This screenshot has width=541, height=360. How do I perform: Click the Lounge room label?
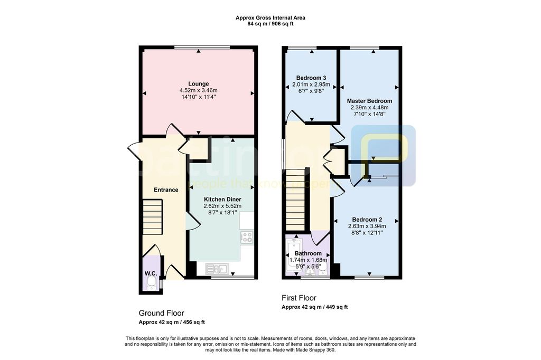(199, 84)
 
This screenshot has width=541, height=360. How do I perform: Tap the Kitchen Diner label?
(222, 200)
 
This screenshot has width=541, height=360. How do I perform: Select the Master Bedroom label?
(369, 101)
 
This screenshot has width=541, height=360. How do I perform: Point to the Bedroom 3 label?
(311, 78)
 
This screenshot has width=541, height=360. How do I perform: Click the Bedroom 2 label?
(367, 220)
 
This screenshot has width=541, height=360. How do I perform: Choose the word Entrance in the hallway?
(166, 190)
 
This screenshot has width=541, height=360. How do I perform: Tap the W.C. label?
(151, 273)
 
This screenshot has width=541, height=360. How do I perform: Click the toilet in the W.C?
(151, 284)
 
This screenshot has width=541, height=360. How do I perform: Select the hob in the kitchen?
(247, 237)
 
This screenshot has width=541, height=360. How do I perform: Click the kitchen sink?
(217, 269)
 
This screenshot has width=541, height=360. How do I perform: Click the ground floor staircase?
(153, 217)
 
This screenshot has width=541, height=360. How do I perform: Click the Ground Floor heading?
(162, 313)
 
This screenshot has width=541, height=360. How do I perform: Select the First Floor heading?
(299, 298)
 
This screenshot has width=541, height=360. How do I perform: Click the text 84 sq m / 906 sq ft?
(270, 24)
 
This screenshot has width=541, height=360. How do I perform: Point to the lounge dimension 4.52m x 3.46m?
(199, 90)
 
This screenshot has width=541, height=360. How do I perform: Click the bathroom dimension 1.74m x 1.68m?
(308, 260)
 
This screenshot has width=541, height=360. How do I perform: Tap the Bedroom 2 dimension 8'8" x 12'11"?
(367, 233)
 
